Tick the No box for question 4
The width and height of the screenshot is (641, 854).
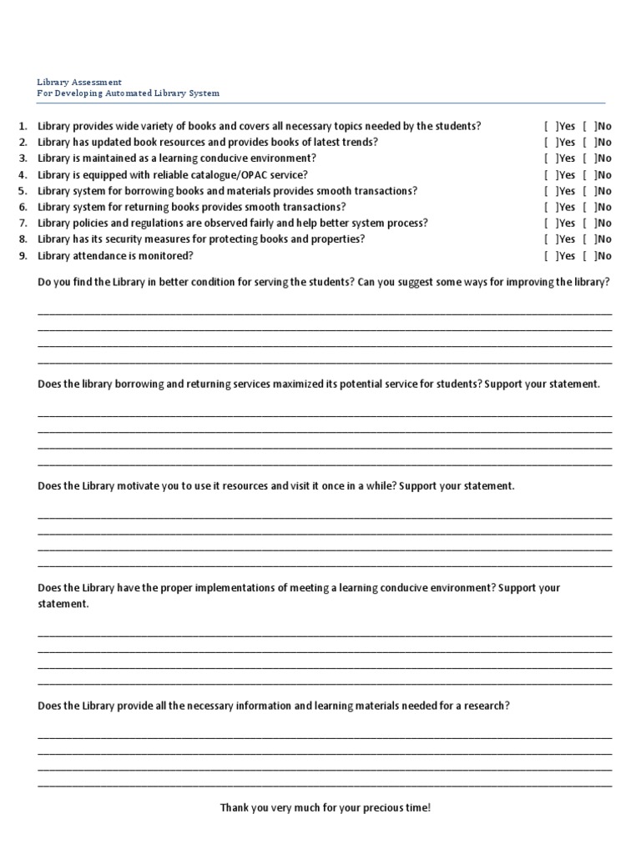(x=589, y=175)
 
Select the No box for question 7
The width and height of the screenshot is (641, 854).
(x=589, y=224)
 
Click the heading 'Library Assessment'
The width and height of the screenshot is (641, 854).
(x=79, y=83)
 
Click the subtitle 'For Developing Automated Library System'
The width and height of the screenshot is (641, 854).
(x=129, y=93)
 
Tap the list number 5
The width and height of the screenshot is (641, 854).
(x=23, y=191)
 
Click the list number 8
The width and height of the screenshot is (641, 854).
(x=23, y=239)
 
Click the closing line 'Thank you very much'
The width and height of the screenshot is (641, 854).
(x=325, y=808)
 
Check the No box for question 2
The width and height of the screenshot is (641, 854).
(x=589, y=143)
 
